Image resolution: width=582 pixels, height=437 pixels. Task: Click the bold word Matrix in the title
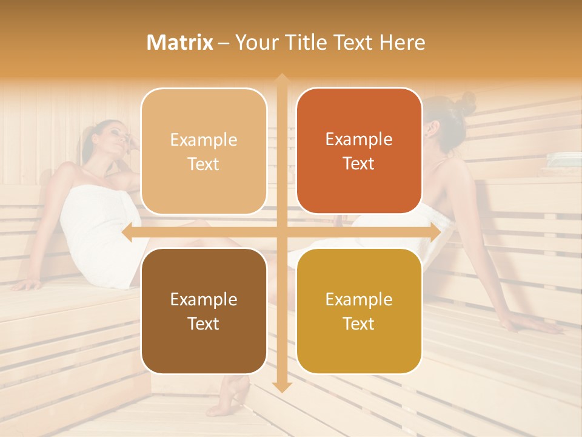click(x=179, y=42)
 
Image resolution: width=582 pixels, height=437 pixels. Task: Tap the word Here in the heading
click(x=403, y=42)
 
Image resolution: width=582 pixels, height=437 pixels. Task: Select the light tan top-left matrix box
click(x=204, y=151)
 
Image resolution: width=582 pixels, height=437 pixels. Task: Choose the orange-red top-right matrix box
click(x=359, y=151)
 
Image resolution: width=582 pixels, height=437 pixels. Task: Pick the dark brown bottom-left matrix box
click(x=204, y=311)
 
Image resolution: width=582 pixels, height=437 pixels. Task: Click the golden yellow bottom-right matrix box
click(x=359, y=311)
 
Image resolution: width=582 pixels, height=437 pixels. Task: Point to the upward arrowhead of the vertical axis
click(x=281, y=79)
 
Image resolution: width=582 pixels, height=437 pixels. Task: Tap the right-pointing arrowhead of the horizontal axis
click(x=435, y=232)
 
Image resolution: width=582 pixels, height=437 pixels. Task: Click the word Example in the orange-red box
click(x=359, y=139)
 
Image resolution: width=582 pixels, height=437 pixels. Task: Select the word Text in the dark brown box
click(x=204, y=324)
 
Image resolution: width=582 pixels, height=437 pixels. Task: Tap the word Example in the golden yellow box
click(x=359, y=299)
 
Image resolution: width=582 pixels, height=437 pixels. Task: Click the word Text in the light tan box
click(x=204, y=164)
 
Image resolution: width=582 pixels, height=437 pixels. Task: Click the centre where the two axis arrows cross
click(x=281, y=232)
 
